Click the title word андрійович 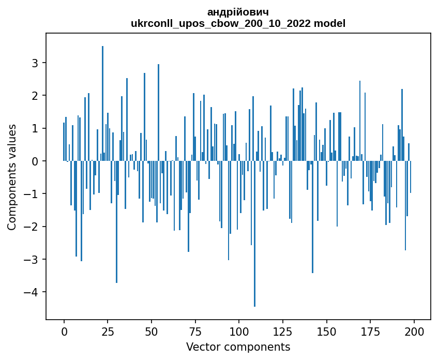238,12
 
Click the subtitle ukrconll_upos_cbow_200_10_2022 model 238,23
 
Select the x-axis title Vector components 238,347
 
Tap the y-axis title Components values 12,177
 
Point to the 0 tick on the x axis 64,331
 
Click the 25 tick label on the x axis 108,331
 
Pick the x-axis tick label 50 152,331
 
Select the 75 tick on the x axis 195,331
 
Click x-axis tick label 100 239,331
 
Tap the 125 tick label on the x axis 282,331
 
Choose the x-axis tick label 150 326,331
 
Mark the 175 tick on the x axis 370,331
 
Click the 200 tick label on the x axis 414,331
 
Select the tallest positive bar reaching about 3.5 102,103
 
